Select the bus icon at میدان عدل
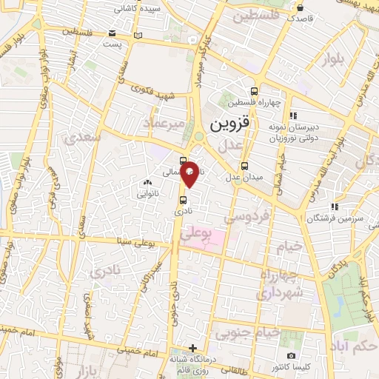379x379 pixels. [245, 166]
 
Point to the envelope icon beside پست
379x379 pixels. [112, 33]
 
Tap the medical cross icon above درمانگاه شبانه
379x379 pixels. [192, 347]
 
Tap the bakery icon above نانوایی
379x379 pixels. [147, 183]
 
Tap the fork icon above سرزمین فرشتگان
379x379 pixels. [335, 207]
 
